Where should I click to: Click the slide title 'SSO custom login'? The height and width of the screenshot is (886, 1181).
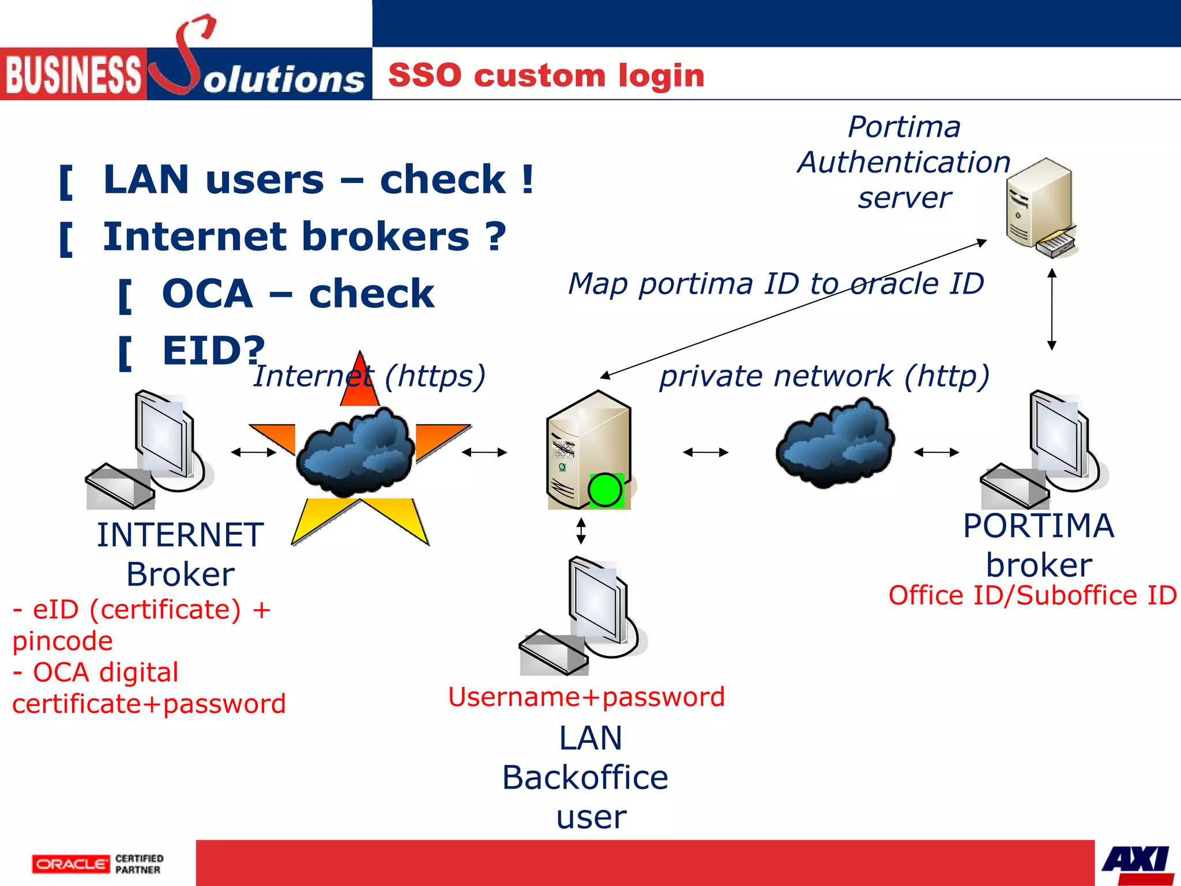[546, 76]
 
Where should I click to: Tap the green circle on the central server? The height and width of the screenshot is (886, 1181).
[605, 490]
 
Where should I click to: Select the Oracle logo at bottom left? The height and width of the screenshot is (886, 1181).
[70, 864]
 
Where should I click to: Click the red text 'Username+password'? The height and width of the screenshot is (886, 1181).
[586, 697]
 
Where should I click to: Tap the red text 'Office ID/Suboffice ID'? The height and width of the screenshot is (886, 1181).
[1032, 595]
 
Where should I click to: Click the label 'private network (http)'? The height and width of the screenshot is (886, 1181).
[824, 376]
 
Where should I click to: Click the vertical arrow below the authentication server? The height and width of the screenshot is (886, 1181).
[1051, 309]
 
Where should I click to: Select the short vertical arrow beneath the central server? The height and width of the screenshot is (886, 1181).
[581, 531]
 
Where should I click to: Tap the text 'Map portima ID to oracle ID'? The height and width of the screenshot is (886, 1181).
[776, 284]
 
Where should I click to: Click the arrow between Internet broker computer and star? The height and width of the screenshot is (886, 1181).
[254, 452]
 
